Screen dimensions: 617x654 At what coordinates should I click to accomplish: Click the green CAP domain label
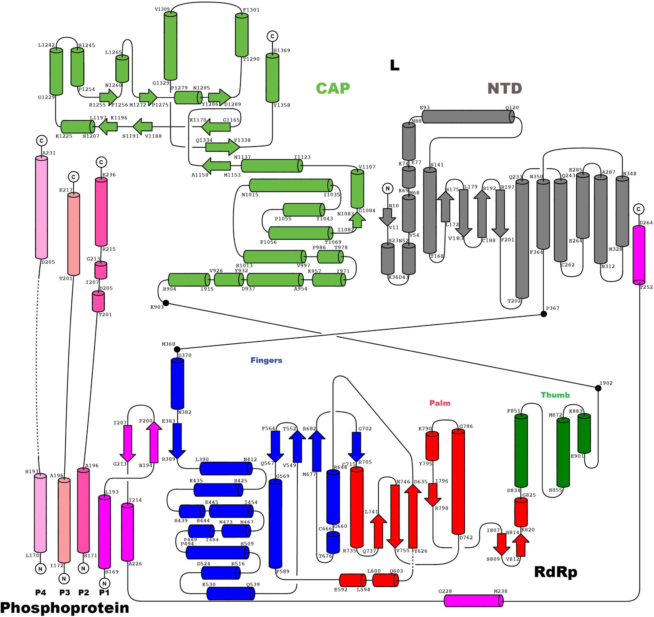pos(333,88)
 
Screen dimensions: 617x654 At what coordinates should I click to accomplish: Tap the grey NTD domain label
pos(504,88)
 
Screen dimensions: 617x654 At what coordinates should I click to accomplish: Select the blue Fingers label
pos(266,360)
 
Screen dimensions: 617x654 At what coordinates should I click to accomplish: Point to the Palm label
pos(440,403)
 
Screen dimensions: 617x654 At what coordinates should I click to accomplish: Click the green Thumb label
pos(555,395)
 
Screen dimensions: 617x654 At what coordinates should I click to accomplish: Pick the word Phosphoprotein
pos(64,607)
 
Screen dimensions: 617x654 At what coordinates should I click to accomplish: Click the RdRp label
pos(556,572)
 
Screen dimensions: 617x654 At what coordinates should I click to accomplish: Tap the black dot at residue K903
pos(166,303)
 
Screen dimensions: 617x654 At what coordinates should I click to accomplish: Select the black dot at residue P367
pos(544,314)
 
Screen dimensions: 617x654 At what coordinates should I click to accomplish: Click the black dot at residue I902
pos(598,388)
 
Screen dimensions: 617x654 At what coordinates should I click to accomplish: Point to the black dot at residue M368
pos(177,349)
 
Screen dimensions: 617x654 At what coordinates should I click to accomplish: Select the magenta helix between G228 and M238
pos(473,601)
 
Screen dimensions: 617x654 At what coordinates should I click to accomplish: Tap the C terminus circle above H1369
pos(272,36)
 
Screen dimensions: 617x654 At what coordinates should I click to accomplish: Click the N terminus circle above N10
pos(388,188)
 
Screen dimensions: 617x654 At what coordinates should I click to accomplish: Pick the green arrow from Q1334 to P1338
pos(222,147)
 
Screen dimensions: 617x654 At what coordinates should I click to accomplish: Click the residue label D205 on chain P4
pos(48,262)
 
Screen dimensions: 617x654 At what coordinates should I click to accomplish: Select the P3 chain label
pos(64,592)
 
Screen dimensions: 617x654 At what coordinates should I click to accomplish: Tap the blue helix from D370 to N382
pos(177,384)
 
